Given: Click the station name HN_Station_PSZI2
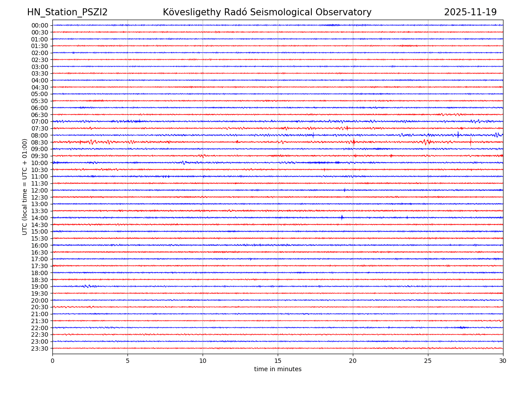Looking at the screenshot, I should click(x=67, y=13).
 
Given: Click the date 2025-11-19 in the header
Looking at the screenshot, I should click(x=470, y=13).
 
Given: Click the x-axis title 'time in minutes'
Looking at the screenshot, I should click(x=278, y=369).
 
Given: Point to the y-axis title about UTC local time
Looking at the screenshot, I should click(x=25, y=187).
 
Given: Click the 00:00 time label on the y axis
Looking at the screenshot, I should click(x=40, y=25).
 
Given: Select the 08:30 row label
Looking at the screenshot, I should click(x=40, y=142).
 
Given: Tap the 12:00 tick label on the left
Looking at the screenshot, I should click(x=40, y=190).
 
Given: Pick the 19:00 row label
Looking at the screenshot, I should click(x=40, y=286).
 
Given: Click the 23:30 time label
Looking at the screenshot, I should click(x=40, y=348).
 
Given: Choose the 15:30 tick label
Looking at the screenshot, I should click(x=40, y=238).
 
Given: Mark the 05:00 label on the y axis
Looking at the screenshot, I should click(x=40, y=94).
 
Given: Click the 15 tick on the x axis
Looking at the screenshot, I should click(x=278, y=361).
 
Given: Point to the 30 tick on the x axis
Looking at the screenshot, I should click(x=503, y=361).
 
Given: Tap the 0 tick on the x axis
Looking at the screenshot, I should click(x=52, y=361).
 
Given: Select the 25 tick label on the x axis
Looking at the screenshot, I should click(x=428, y=361).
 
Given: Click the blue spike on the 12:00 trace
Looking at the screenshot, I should click(x=345, y=190).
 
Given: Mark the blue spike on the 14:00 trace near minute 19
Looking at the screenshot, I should click(x=342, y=217).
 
